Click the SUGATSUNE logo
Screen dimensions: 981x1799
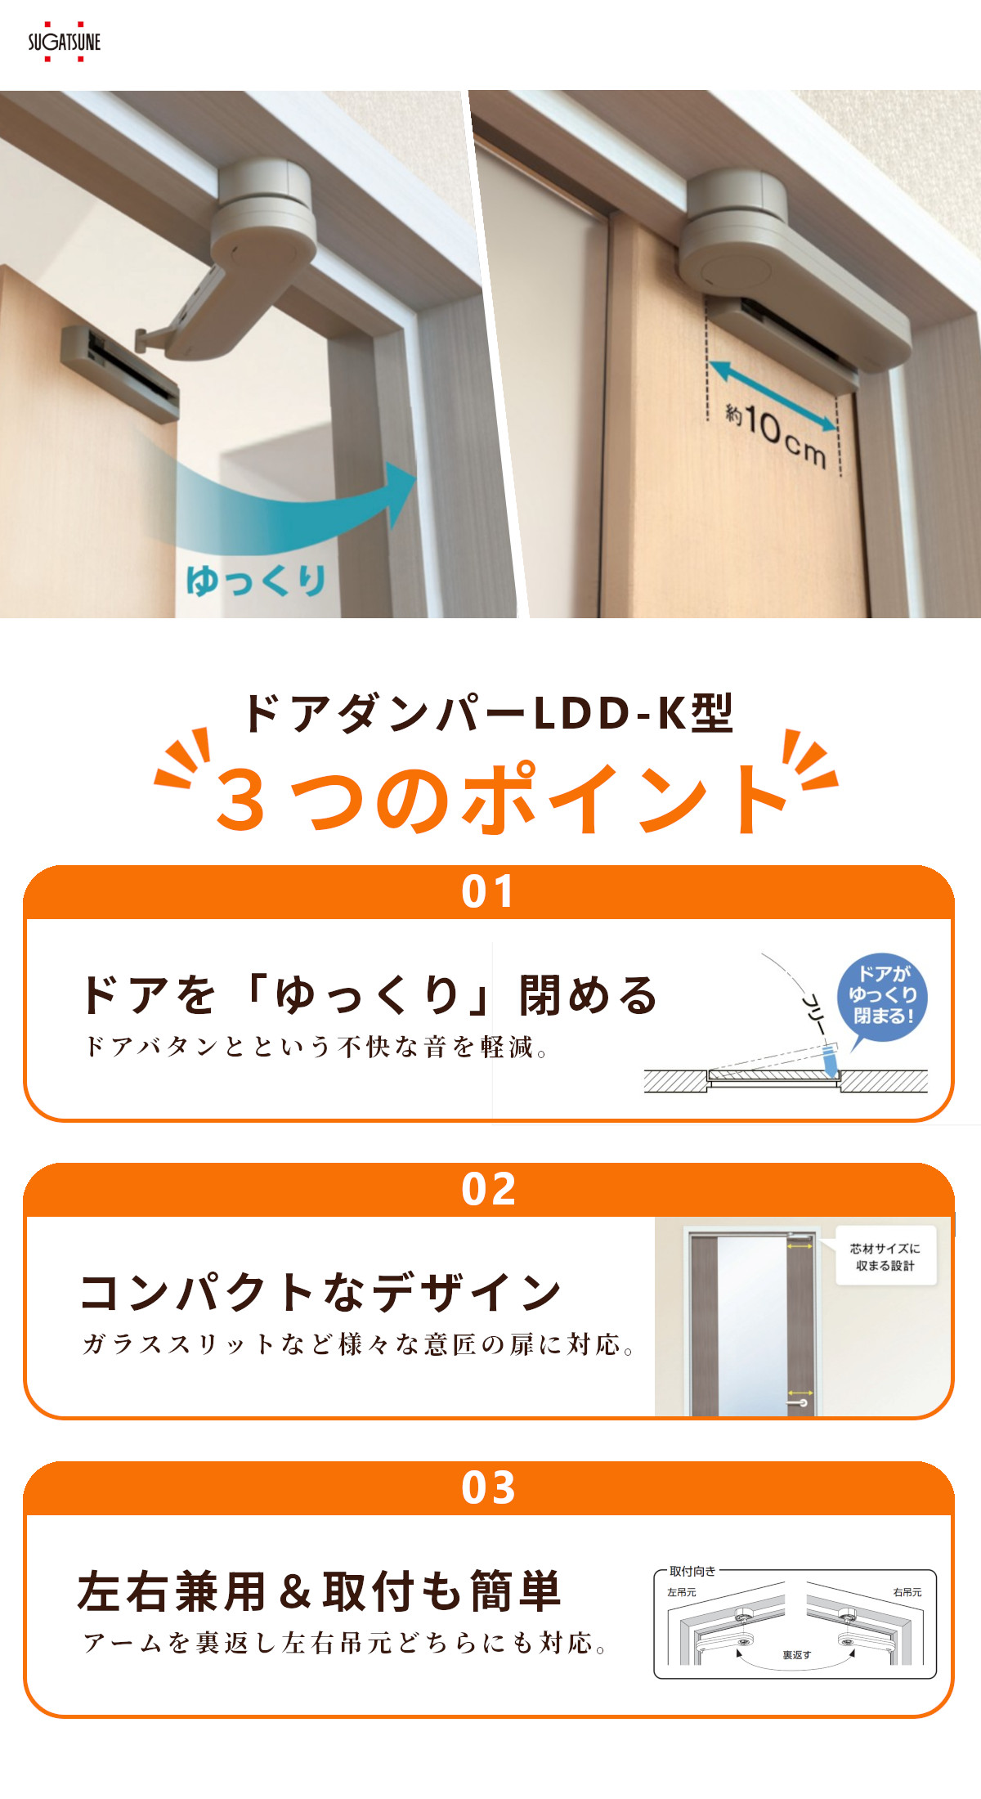(64, 42)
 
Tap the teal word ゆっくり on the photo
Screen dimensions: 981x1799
(256, 580)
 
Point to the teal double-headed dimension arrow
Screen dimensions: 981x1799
(773, 396)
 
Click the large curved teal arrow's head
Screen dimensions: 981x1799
(401, 494)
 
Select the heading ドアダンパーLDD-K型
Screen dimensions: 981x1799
(489, 713)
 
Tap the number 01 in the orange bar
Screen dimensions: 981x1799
(488, 891)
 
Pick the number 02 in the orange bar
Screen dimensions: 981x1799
(488, 1189)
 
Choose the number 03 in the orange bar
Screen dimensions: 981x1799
(488, 1487)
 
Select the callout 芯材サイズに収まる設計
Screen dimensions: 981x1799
(885, 1257)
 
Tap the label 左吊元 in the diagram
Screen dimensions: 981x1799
(681, 1592)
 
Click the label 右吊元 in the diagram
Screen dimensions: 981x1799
(907, 1592)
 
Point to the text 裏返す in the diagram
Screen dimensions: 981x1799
(796, 1655)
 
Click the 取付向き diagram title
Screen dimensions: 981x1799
(692, 1571)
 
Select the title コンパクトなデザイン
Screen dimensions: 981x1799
(321, 1292)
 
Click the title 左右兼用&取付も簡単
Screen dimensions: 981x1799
(319, 1591)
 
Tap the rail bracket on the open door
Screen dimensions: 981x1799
(120, 372)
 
